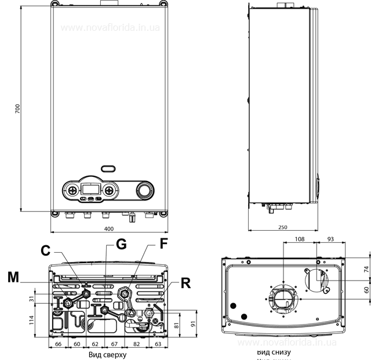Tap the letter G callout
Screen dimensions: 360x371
click(x=121, y=245)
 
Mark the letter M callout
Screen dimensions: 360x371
click(x=13, y=278)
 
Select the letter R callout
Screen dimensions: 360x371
click(x=185, y=283)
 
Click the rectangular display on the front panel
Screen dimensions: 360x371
click(x=90, y=189)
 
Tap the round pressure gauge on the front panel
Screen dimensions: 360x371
click(x=144, y=191)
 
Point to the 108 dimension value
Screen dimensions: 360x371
click(x=300, y=238)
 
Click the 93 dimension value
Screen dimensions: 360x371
click(x=330, y=238)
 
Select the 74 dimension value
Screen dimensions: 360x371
click(x=366, y=270)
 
